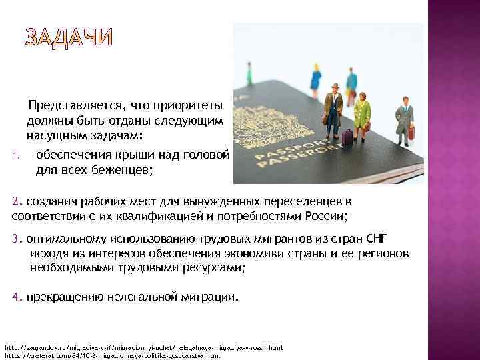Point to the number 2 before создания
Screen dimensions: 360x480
tap(17, 201)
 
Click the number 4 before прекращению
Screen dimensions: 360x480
tap(16, 297)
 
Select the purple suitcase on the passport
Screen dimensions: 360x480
tap(347, 137)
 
